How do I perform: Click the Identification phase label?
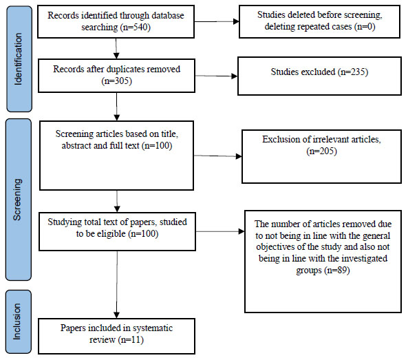click(18, 59)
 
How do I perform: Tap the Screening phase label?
click(17, 200)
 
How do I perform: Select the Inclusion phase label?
click(17, 321)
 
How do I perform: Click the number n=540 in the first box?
click(136, 27)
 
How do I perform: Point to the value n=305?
click(116, 81)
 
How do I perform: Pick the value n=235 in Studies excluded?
click(353, 72)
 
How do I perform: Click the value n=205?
click(321, 151)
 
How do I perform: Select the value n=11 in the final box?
click(131, 340)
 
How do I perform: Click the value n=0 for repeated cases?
click(366, 27)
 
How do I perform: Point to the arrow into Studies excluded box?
click(216, 76)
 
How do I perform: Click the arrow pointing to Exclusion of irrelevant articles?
click(218, 156)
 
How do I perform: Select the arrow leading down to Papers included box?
click(117, 284)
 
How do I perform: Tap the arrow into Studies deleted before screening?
click(217, 21)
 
